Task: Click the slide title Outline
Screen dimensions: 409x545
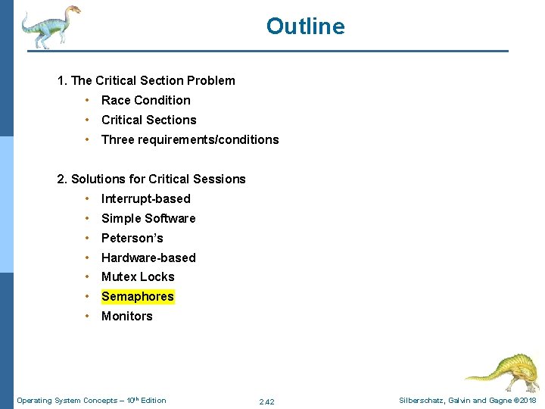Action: pyautogui.click(x=305, y=27)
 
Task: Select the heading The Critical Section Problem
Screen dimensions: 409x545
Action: pyautogui.click(x=146, y=80)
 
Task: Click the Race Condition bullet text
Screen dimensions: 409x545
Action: pyautogui.click(x=145, y=100)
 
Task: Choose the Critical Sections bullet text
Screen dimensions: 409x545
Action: pyautogui.click(x=148, y=120)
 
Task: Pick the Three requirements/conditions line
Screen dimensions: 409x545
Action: pyautogui.click(x=190, y=139)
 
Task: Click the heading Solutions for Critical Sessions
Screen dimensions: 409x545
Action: pyautogui.click(x=151, y=179)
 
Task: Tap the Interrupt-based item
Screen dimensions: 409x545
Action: pyautogui.click(x=145, y=198)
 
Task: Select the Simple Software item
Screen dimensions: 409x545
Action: pyautogui.click(x=148, y=218)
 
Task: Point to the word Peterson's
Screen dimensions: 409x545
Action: pyautogui.click(x=132, y=238)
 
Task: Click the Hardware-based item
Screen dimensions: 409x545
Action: pyautogui.click(x=148, y=258)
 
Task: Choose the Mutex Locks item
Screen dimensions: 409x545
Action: pyautogui.click(x=138, y=276)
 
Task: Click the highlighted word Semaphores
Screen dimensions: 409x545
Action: pyautogui.click(x=138, y=296)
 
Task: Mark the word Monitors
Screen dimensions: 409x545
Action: pyautogui.click(x=126, y=316)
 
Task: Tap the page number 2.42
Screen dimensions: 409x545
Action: pyautogui.click(x=266, y=401)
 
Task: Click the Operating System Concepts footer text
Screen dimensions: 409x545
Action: pyautogui.click(x=91, y=400)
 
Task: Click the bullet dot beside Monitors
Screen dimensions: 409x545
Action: pyautogui.click(x=89, y=316)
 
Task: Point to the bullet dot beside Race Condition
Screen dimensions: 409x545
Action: pyautogui.click(x=89, y=100)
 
